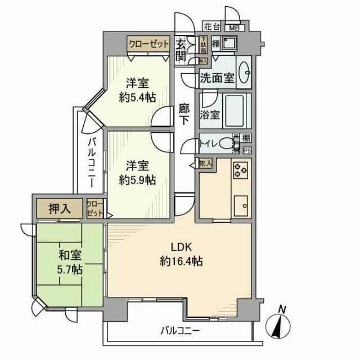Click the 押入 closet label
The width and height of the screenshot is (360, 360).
pos(59,209)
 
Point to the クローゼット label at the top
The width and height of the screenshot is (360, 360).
pos(148,43)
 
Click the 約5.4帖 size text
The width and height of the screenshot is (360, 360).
pos(137,97)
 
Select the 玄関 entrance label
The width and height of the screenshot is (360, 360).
pos(180,49)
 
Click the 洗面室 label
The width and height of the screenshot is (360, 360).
pos(217,79)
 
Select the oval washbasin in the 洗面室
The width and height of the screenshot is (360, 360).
pos(245,74)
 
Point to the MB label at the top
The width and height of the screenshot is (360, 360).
pos(233,27)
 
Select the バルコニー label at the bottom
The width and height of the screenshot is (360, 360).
pos(179,330)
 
